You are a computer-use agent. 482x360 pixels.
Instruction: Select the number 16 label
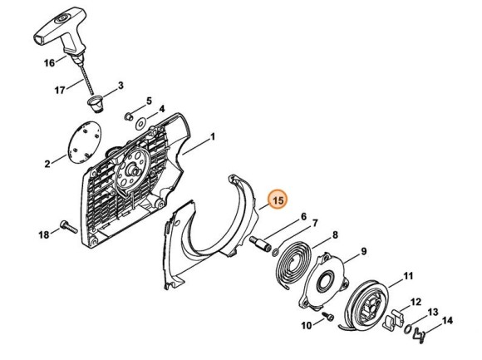tap(49, 63)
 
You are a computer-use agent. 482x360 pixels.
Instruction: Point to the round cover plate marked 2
tap(84, 141)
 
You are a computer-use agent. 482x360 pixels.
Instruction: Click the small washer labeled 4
tap(140, 124)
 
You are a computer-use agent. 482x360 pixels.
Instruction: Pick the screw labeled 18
tap(69, 227)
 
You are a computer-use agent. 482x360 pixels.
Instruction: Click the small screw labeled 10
tap(327, 316)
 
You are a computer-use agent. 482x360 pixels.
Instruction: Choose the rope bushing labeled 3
tap(96, 105)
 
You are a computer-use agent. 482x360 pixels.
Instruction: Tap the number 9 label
tap(364, 251)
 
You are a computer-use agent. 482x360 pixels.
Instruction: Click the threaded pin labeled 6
tap(261, 244)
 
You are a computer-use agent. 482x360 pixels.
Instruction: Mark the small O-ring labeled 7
tap(275, 253)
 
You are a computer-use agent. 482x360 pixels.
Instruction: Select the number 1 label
tap(213, 137)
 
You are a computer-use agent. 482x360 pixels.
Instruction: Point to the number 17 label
tap(60, 90)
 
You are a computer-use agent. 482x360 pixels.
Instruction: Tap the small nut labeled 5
tap(129, 116)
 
